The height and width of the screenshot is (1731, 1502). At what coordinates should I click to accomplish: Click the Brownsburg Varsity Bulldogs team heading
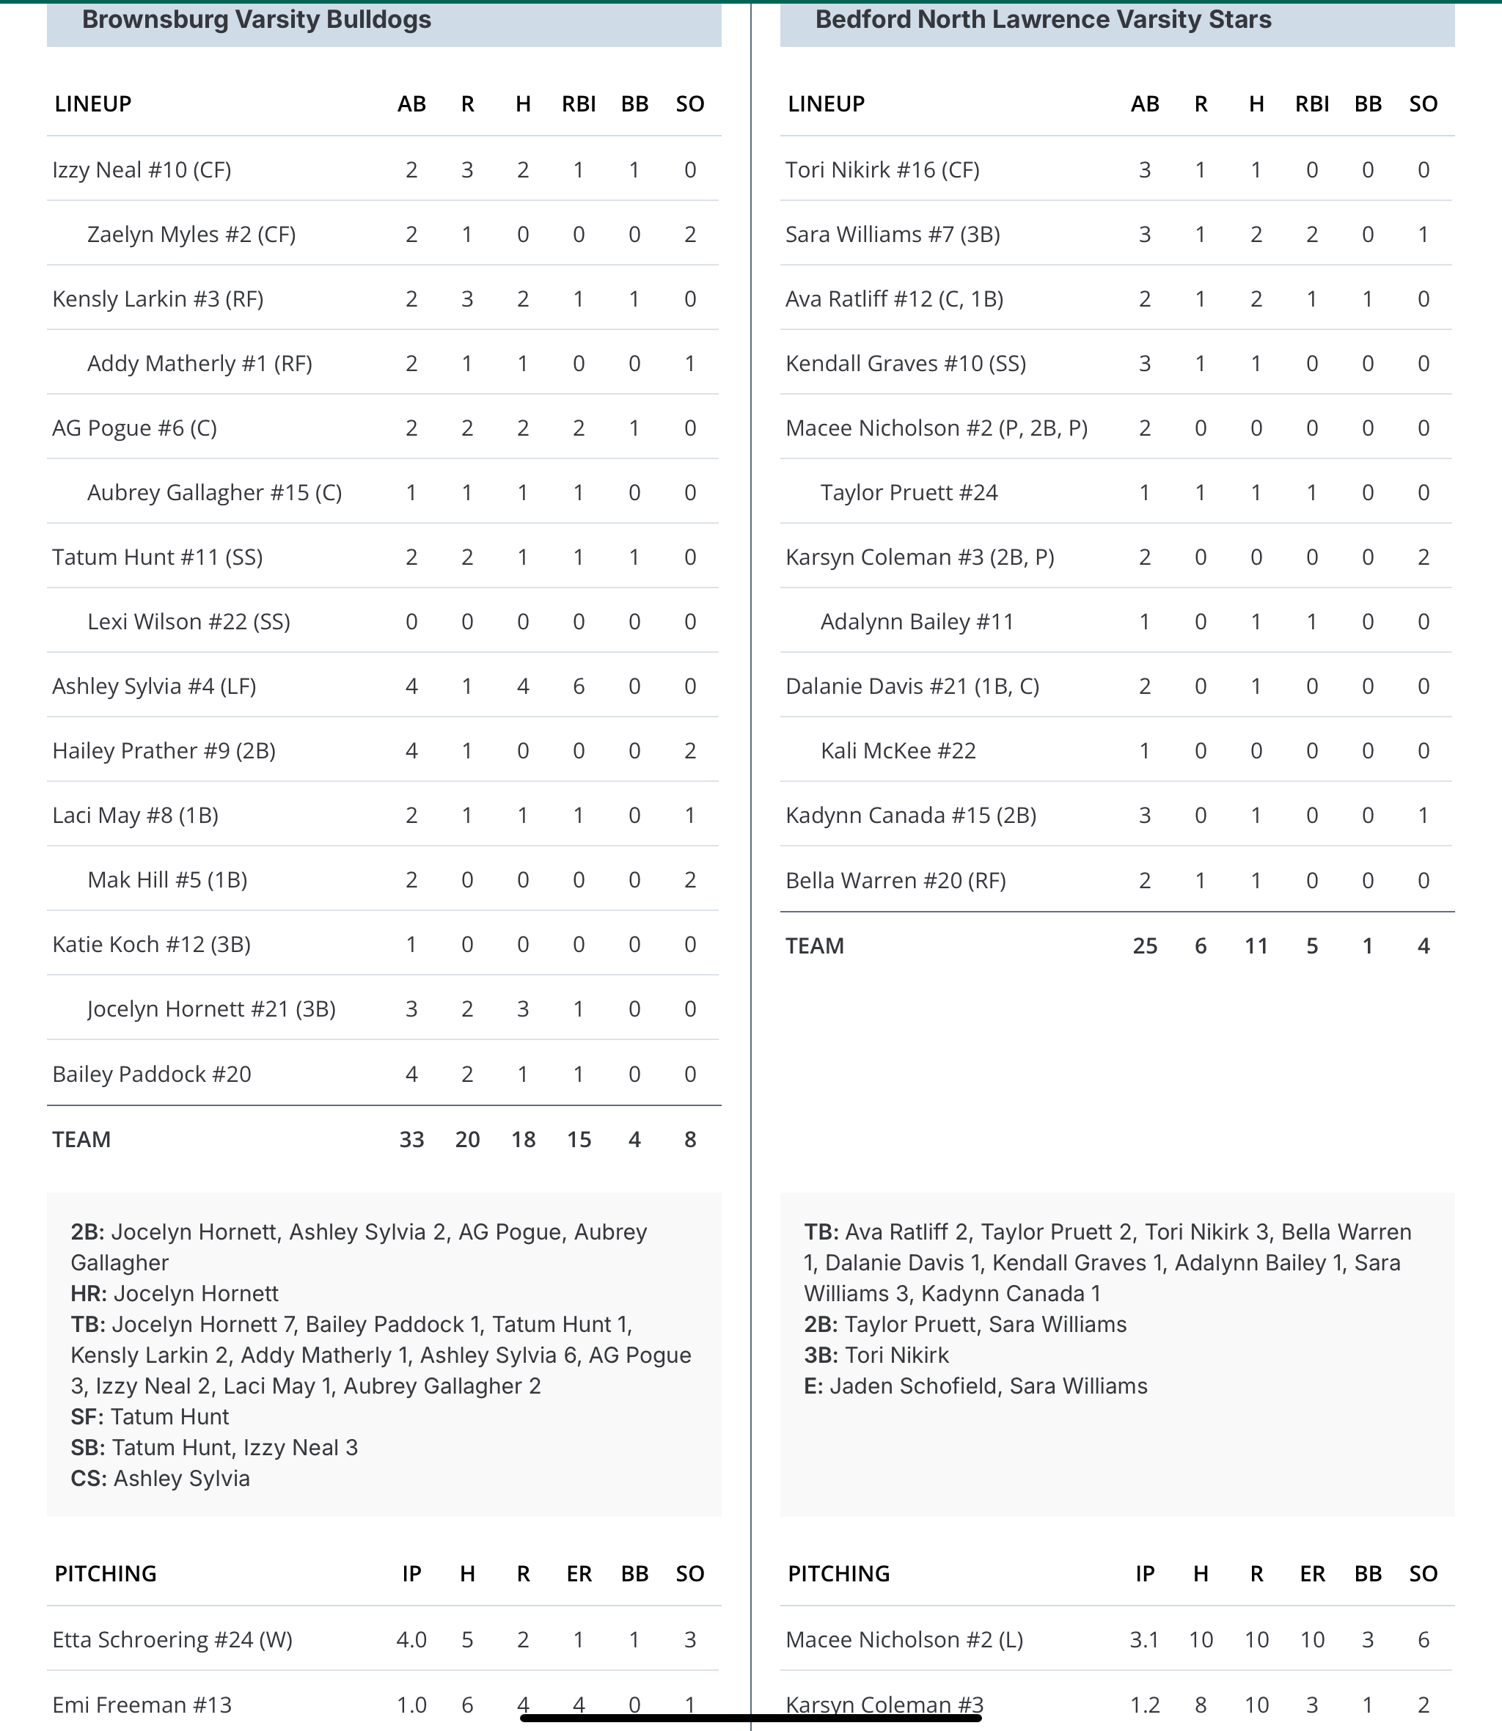257,20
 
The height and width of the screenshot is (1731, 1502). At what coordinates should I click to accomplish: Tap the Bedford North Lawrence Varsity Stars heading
1043,20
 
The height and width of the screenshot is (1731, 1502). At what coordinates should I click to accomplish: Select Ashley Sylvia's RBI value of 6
579,687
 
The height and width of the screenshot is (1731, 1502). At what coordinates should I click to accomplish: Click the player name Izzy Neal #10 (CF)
142,170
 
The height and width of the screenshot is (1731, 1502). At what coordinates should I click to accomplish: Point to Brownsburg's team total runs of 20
467,1139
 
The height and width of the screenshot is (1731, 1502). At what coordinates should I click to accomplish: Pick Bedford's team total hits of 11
1256,945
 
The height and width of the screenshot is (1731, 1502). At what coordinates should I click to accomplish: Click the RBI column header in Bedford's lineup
1312,104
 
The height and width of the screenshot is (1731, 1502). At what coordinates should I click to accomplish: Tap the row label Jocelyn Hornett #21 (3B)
211,1009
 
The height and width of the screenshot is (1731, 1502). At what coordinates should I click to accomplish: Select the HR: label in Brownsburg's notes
88,1293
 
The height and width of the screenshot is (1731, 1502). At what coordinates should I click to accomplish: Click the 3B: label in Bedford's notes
821,1355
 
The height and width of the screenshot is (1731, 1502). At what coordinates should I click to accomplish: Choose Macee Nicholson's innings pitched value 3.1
1144,1639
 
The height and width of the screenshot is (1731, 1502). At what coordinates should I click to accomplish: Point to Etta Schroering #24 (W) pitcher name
172,1639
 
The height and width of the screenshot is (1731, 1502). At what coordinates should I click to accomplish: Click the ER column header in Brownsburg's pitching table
579,1573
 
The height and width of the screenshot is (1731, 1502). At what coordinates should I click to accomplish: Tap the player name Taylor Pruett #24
909,492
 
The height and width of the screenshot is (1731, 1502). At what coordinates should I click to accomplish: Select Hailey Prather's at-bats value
411,751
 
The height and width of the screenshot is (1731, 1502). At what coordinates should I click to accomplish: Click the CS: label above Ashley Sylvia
88,1478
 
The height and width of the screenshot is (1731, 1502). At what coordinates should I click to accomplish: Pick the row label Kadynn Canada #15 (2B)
910,816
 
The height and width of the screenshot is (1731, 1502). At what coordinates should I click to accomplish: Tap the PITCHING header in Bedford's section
838,1573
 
